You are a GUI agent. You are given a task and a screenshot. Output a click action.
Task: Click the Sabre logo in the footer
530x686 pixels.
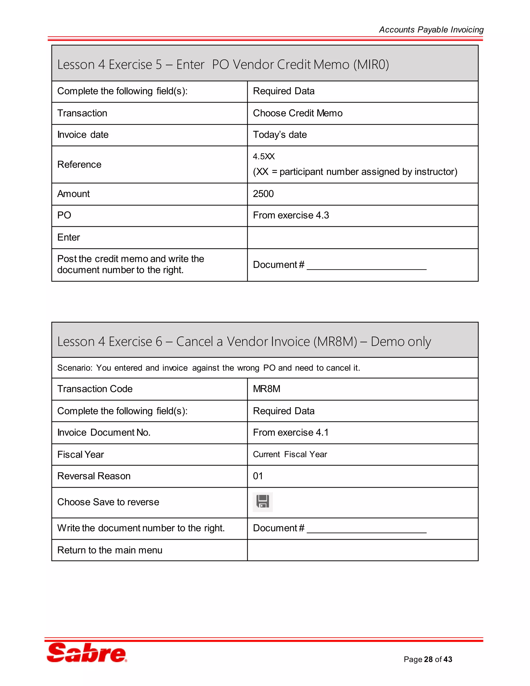[87, 653]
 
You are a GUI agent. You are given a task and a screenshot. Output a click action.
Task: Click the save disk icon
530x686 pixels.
[262, 502]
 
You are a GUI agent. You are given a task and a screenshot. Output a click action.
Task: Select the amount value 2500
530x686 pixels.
[263, 194]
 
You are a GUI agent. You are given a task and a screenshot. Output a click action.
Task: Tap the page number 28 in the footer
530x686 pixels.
[428, 659]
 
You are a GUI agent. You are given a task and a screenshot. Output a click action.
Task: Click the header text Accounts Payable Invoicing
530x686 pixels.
[431, 30]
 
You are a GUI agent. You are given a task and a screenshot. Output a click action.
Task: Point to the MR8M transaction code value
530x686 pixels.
[267, 389]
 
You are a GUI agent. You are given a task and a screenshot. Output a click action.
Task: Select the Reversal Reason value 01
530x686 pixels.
[258, 476]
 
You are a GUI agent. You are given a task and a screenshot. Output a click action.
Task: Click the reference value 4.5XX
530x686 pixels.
[264, 156]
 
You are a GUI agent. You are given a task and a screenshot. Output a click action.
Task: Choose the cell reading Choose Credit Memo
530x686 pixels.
[297, 113]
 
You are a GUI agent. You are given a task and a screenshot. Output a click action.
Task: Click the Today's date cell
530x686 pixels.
[280, 135]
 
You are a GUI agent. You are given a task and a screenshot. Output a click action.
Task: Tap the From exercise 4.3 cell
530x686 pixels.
[291, 215]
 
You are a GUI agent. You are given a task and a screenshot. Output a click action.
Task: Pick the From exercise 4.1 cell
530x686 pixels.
[291, 433]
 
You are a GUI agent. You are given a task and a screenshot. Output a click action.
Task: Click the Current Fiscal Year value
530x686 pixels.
[290, 455]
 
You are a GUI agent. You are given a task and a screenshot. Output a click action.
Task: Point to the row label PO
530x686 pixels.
[64, 215]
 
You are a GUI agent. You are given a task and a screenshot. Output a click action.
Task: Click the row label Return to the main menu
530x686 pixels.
[109, 550]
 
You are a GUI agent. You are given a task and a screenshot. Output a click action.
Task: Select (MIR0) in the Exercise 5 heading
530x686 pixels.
[371, 65]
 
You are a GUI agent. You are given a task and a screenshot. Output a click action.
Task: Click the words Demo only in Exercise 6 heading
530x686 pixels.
[401, 341]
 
